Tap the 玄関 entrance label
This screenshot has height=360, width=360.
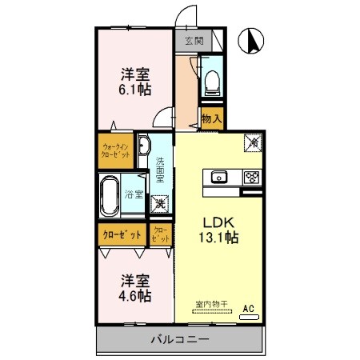coord(194,41)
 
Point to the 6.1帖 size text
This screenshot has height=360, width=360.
coord(136,90)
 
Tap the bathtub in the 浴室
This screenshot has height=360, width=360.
coord(110,197)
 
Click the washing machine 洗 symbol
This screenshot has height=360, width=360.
coord(161,204)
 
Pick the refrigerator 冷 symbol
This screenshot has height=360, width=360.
coord(251,142)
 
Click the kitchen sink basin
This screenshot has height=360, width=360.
coord(218,177)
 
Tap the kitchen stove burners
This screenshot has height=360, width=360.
coord(251,177)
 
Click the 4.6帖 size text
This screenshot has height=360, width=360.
coord(135,295)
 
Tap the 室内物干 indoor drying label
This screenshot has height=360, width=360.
coord(211,304)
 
